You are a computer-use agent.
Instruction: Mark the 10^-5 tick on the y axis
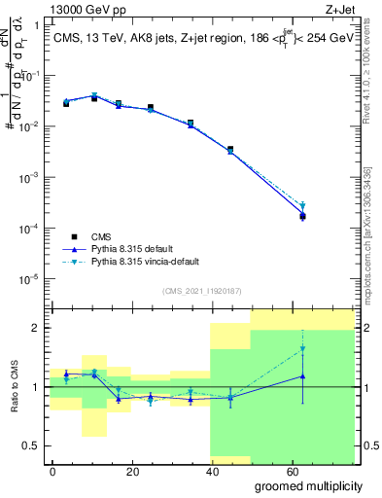pos(29,279)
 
